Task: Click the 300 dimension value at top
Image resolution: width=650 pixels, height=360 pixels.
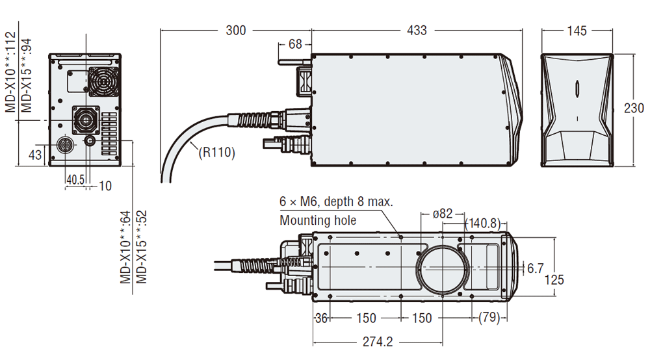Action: [236, 30]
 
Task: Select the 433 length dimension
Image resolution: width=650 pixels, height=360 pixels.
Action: [417, 30]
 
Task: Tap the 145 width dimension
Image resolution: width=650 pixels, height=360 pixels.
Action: [577, 31]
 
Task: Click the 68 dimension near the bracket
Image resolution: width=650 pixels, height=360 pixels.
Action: [295, 44]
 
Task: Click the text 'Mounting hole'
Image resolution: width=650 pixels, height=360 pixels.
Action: [318, 220]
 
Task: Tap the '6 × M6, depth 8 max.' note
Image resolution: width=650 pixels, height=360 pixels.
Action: [336, 201]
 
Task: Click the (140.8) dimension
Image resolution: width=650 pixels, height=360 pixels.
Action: [484, 224]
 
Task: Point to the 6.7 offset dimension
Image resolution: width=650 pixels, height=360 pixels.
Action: [535, 268]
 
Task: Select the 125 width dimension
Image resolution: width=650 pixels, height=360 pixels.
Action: [554, 279]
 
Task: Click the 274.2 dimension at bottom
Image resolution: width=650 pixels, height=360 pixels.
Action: [377, 341]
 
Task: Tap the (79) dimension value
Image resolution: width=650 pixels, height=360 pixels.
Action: [489, 318]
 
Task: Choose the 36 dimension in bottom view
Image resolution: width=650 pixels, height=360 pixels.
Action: [320, 318]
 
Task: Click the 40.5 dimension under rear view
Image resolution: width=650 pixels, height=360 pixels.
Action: [75, 179]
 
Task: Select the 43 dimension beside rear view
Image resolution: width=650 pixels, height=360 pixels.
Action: [35, 155]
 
